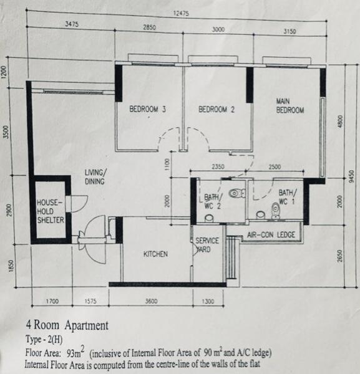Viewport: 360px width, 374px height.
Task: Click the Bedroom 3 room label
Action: pyautogui.click(x=147, y=109)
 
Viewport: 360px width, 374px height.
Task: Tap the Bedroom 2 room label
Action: pyautogui.click(x=216, y=110)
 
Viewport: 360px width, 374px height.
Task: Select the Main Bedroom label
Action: pyautogui.click(x=290, y=106)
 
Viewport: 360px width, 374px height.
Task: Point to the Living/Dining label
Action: pyautogui.click(x=95, y=177)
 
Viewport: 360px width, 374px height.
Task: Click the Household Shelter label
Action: pyautogui.click(x=51, y=211)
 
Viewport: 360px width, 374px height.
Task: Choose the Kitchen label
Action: pyautogui.click(x=155, y=254)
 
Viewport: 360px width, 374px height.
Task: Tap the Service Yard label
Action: pyautogui.click(x=207, y=245)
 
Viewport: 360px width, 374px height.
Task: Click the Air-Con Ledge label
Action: pyautogui.click(x=271, y=235)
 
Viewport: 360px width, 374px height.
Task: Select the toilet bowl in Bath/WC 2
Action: pyautogui.click(x=237, y=193)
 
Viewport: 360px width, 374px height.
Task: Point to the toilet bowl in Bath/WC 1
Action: pyautogui.click(x=276, y=211)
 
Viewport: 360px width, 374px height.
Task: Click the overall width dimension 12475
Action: pyautogui.click(x=181, y=13)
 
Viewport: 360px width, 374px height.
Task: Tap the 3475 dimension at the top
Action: pyautogui.click(x=72, y=24)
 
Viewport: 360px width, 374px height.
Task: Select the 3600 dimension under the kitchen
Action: pyautogui.click(x=151, y=301)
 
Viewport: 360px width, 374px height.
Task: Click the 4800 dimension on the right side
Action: pyautogui.click(x=341, y=122)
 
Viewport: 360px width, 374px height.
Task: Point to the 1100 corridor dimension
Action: pyautogui.click(x=167, y=164)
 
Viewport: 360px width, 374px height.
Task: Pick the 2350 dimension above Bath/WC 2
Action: pyautogui.click(x=218, y=166)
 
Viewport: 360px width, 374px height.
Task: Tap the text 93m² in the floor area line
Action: pyautogui.click(x=75, y=352)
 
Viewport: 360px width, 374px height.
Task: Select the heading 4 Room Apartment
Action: pyautogui.click(x=67, y=325)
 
